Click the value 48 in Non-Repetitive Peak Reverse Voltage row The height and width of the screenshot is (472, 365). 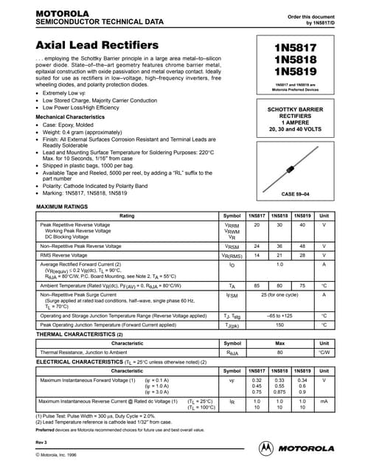point(301,245)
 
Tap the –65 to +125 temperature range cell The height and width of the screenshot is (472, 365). point(279,314)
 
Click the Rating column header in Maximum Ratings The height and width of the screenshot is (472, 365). point(127,215)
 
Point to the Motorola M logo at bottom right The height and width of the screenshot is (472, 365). point(265,445)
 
